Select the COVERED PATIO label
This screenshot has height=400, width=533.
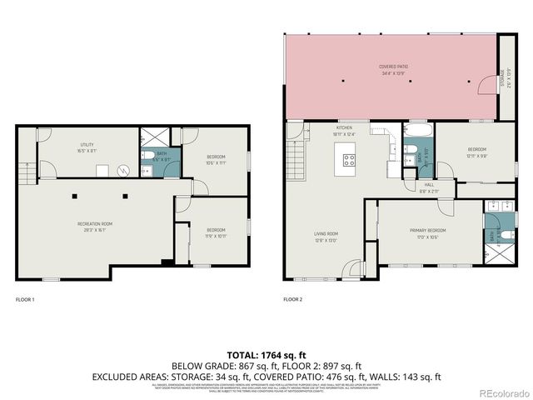point(393,67)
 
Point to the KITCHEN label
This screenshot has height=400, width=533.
point(345,128)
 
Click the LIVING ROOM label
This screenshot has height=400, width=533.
point(326,233)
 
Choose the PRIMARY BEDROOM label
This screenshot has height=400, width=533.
point(427,231)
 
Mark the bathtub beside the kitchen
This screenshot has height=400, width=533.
point(416,132)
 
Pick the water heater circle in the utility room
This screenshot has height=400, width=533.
point(123,170)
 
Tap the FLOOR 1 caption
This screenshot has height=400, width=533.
point(25,299)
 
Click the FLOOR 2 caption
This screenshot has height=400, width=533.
point(292,299)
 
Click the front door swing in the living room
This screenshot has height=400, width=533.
point(354,268)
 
